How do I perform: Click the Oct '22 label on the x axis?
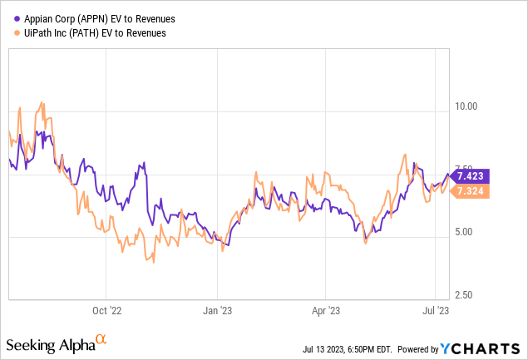coord(106,311)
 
